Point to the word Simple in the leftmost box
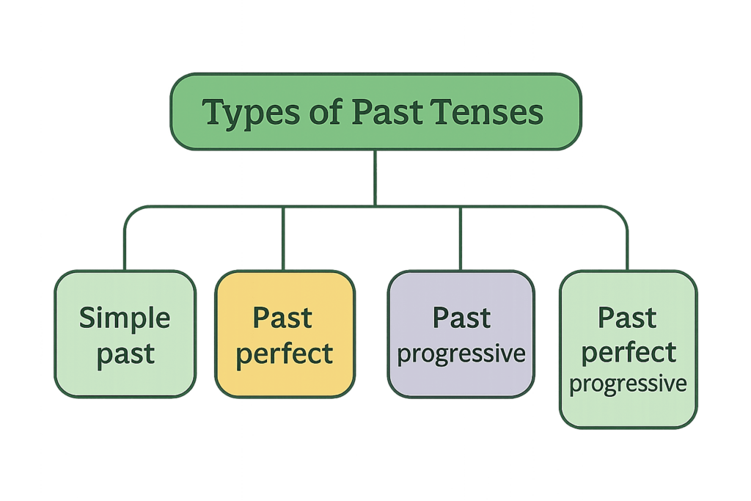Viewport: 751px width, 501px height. tap(125, 318)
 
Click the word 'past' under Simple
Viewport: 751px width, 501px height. tap(125, 354)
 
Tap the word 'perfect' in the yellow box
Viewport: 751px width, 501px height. tap(285, 354)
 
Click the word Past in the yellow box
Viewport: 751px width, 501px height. tap(282, 318)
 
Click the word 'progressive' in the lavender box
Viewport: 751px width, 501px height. tap(461, 354)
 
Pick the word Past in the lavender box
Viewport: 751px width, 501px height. tap(461, 318)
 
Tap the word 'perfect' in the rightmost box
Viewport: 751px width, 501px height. tap(628, 352)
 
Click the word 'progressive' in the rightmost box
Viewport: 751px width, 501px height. tap(628, 384)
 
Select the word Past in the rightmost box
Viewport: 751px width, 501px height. tap(627, 318)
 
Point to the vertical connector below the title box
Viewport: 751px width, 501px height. tap(375, 176)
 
